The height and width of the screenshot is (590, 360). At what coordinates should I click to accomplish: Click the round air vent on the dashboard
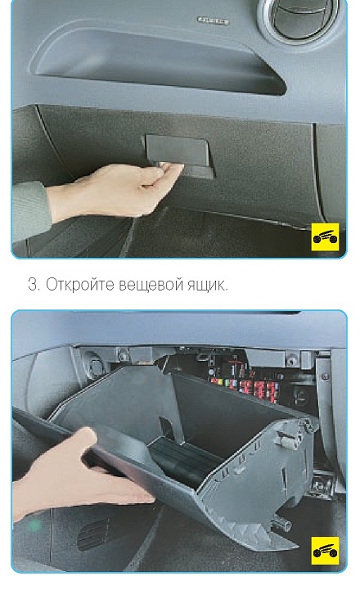point(298,18)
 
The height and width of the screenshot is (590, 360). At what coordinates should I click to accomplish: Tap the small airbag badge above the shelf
point(214,20)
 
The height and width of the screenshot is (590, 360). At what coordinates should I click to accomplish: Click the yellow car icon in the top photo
point(325,236)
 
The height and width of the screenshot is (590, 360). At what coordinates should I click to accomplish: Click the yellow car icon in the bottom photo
point(325,551)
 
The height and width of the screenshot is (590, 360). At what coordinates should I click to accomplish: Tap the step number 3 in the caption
point(33,285)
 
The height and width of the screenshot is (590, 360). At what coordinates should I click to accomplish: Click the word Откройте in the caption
point(79,285)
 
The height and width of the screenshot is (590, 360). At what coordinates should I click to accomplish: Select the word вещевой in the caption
point(152,286)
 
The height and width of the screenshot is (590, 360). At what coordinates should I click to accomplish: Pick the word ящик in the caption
point(207,286)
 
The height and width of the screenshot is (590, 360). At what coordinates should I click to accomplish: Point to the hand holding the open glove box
point(81,477)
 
